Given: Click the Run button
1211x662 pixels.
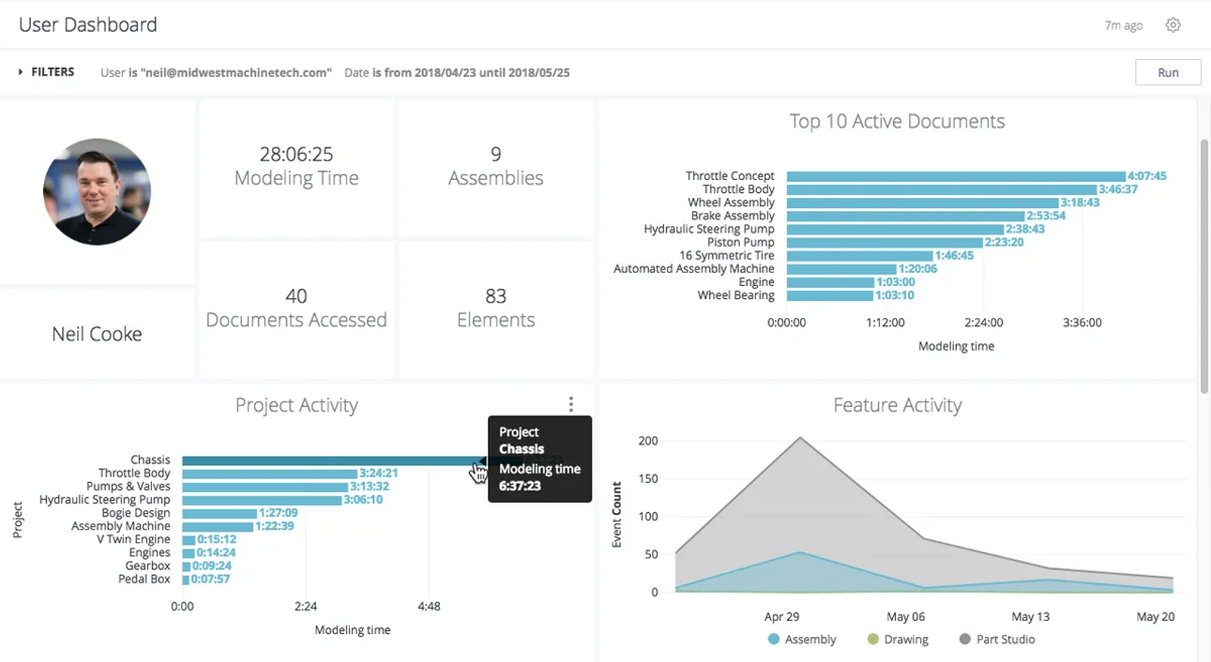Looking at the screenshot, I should coord(1167,73).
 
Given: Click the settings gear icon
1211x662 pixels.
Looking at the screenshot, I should coord(1173,25).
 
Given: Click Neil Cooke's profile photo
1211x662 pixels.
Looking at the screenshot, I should coord(97,191).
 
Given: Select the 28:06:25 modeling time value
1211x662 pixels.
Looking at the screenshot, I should coord(296,154).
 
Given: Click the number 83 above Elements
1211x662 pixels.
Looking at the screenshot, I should coord(496,296).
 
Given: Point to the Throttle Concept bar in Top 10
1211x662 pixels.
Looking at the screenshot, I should coord(955,176).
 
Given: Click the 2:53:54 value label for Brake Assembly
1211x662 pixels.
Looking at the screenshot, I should coord(1045,216).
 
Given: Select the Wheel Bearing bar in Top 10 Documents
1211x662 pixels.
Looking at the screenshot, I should coord(829,296).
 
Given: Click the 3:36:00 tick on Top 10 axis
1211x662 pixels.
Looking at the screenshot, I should coord(1082,322).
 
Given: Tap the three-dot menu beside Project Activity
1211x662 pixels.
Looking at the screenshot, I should coord(571,404).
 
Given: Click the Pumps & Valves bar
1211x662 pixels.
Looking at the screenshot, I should coord(265,486).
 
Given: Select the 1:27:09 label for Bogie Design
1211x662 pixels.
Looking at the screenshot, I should coord(278,513).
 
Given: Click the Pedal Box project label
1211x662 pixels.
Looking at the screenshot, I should coord(144,579).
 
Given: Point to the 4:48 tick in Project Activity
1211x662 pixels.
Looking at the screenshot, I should coord(428,606).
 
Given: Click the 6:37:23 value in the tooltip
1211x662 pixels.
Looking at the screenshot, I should coord(519,486).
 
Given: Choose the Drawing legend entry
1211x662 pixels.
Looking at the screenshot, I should coord(898,639).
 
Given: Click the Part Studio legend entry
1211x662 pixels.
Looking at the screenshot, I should coord(997,639).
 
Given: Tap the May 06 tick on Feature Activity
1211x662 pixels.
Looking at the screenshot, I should coord(905,617).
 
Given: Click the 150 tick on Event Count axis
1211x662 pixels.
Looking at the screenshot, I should coord(648,478).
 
